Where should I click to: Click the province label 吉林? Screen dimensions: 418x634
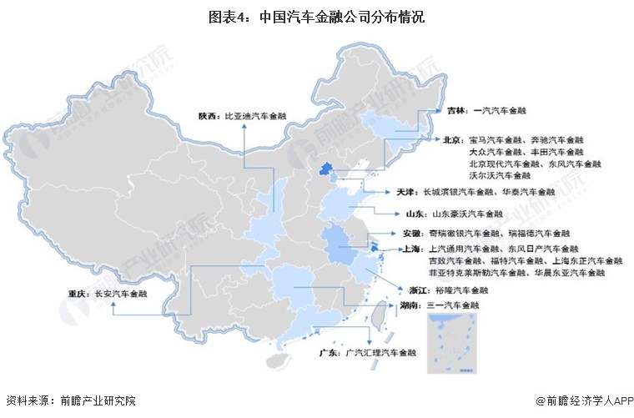pyautogui.click(x=455, y=110)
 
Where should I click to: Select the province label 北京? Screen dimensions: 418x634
pyautogui.click(x=455, y=140)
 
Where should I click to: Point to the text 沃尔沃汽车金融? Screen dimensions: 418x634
pyautogui.click(x=500, y=176)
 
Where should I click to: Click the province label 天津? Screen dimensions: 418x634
pyautogui.click(x=408, y=192)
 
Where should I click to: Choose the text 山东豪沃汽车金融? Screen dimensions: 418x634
pyautogui.click(x=467, y=214)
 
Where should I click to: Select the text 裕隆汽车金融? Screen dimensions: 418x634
pyautogui.click(x=461, y=290)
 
